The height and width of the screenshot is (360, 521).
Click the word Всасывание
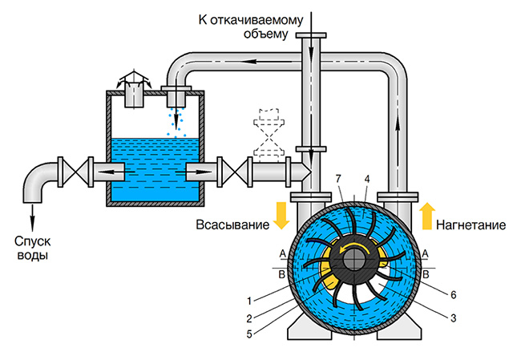click(232, 224)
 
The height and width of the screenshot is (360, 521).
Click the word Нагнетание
click(471, 225)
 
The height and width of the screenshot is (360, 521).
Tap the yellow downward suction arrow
click(281, 215)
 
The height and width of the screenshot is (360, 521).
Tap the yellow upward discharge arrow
click(427, 216)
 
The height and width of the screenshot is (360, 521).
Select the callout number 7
click(338, 179)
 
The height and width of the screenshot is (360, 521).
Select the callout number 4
click(367, 179)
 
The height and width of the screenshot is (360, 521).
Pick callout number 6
click(453, 294)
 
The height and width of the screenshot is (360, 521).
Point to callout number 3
click(453, 318)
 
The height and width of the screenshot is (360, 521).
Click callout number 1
click(249, 301)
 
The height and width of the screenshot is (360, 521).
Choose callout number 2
click(249, 319)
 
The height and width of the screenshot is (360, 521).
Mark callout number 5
click(249, 334)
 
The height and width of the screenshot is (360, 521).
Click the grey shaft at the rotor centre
click(353, 260)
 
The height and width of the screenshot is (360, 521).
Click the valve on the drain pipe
click(75, 172)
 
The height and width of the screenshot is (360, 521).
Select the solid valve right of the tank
click(235, 172)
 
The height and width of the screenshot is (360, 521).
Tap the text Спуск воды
click(33, 248)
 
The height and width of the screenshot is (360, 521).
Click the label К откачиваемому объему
click(251, 26)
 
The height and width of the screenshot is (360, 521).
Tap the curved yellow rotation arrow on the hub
click(353, 246)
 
